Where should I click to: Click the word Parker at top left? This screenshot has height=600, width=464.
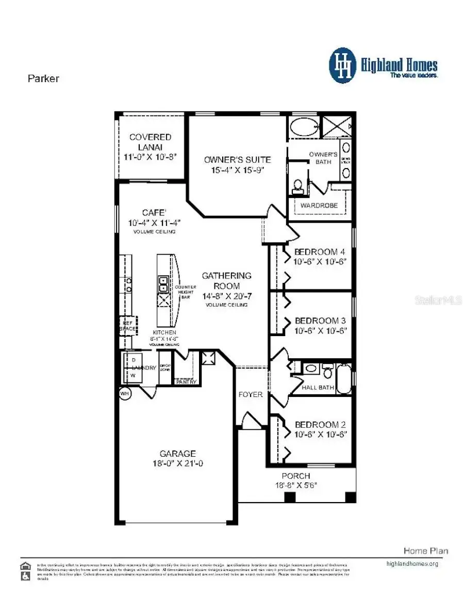(x=43, y=79)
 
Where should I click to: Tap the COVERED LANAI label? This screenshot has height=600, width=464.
(x=150, y=142)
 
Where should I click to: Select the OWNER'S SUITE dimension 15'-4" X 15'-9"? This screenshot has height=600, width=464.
(x=237, y=170)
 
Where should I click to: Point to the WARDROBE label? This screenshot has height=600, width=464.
(x=319, y=205)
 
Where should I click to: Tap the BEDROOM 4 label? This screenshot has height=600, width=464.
(x=319, y=252)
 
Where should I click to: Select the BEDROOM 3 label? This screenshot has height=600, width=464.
(x=319, y=320)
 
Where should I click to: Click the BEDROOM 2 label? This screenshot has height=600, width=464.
(x=320, y=425)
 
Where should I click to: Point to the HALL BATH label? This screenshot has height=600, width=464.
(x=318, y=388)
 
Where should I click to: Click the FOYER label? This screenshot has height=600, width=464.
(x=251, y=394)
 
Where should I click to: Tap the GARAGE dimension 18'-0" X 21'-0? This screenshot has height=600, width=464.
(x=177, y=463)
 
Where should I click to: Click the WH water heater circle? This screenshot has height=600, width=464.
(x=124, y=393)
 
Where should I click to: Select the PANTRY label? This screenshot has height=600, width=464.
(x=186, y=382)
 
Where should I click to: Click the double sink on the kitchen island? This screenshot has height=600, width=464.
(x=163, y=284)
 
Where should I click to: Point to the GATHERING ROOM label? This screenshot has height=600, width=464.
(x=226, y=281)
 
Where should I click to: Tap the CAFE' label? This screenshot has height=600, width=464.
(x=154, y=212)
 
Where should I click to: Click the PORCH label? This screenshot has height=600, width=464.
(x=296, y=476)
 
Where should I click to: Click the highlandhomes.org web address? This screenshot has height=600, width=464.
(x=412, y=563)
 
